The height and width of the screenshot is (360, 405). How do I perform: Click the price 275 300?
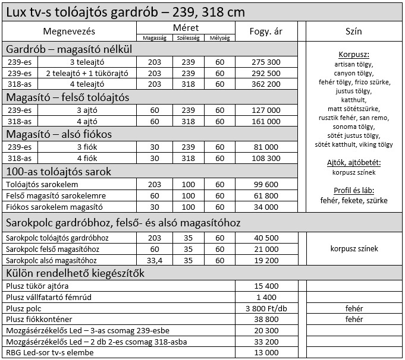(266, 62)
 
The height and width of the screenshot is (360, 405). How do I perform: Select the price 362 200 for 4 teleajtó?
(266, 84)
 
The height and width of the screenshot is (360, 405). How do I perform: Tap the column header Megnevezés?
(69, 31)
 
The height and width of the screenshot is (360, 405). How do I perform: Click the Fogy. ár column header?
(266, 31)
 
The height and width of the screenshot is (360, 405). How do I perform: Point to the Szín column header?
(353, 31)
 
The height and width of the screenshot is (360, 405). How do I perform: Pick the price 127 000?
(266, 110)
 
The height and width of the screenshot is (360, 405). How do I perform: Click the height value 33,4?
(155, 260)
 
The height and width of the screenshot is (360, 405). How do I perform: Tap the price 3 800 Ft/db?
(266, 308)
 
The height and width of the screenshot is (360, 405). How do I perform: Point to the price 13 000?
(266, 353)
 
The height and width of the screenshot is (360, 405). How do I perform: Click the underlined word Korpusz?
(353, 54)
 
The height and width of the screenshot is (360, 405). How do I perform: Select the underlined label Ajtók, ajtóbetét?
(353, 162)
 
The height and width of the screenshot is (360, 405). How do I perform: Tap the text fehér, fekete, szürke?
(353, 200)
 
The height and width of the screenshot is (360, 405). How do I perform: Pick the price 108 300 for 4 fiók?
(266, 159)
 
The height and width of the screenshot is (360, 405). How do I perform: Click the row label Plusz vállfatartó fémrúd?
(50, 297)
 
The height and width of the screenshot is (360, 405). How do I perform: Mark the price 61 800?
(266, 195)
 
